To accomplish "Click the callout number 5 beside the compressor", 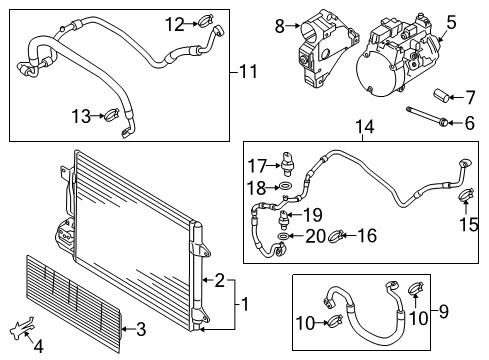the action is click(451, 23).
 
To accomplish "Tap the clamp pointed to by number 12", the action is click(206, 22).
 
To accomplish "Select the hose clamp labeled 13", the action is click(113, 115).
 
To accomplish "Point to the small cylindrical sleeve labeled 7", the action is click(440, 95).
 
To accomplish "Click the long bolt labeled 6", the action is click(427, 116).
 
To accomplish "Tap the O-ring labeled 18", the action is click(286, 186).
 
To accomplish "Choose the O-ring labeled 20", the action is click(283, 236).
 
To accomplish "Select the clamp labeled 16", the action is click(336, 236).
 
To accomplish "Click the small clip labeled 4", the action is click(22, 327).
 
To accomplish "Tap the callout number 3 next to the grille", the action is click(141, 329).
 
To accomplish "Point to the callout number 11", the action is click(248, 72).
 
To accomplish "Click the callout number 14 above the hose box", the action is click(365, 127).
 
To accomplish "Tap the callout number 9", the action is click(444, 311).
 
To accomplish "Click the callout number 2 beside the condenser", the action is click(220, 280).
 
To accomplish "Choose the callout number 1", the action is click(245, 304).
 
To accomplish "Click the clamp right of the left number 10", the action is click(335, 322).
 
